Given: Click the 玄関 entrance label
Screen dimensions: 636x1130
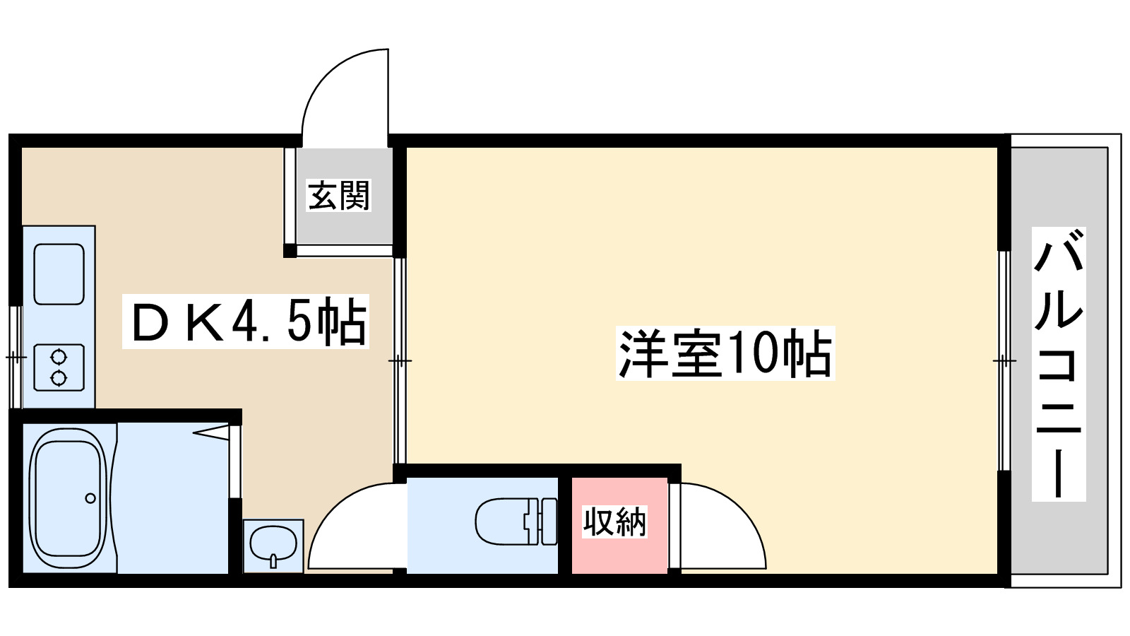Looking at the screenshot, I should tap(339, 196).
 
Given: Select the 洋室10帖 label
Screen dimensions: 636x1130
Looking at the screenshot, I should tap(725, 353).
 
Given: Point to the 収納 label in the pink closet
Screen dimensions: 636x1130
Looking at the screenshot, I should tap(614, 522).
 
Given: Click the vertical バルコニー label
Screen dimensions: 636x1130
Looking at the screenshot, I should tap(1058, 364).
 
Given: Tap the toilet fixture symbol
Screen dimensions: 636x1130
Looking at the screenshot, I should tap(516, 522).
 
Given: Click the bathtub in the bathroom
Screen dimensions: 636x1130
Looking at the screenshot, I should tap(69, 497).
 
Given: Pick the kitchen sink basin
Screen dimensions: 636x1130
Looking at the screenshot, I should tap(59, 274).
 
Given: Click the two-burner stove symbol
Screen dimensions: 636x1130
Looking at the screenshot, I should tap(59, 367).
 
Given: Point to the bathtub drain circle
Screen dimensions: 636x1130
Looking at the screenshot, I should tap(90, 498).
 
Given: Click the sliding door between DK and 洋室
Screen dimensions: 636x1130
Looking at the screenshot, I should tap(400, 360).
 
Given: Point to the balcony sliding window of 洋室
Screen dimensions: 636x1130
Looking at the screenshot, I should tap(1003, 360).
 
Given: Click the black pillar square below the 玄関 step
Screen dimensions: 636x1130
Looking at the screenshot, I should tap(290, 250).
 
